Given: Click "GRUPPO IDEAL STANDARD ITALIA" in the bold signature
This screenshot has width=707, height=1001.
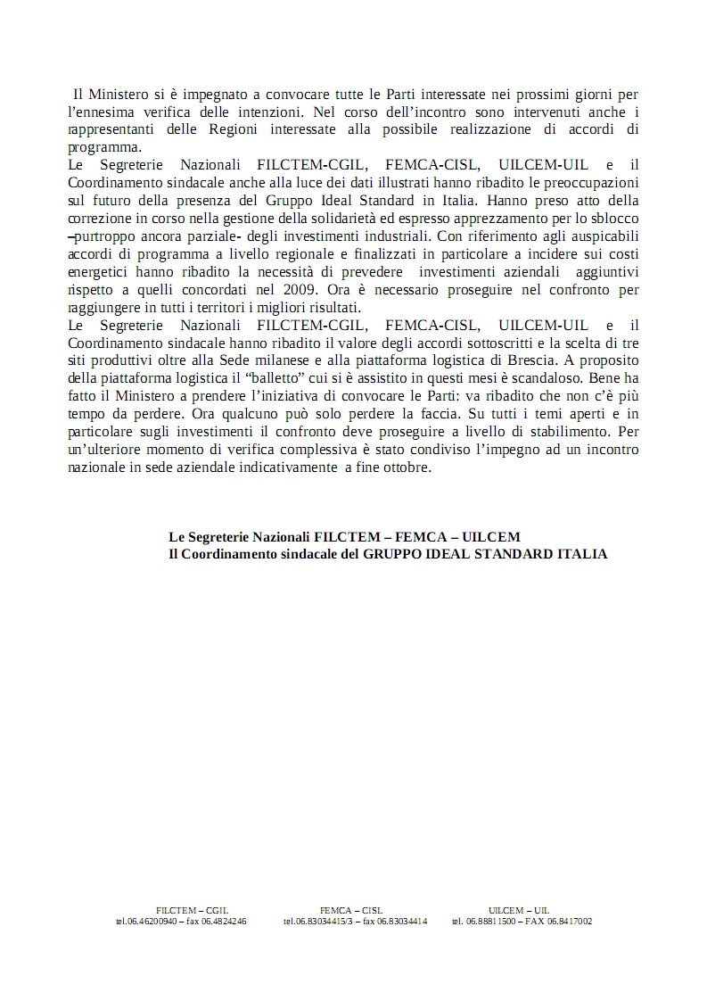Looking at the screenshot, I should [x=484, y=554].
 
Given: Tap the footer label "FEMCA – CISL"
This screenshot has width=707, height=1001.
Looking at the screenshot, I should [x=351, y=910].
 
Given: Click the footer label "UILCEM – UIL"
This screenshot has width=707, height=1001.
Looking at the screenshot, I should [x=519, y=910].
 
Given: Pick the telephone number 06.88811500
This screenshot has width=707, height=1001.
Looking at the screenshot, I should [x=489, y=922].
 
